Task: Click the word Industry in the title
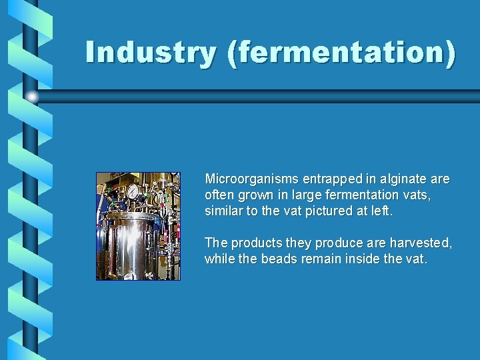point(151,53)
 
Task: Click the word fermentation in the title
point(341,53)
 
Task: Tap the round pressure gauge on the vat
point(133,192)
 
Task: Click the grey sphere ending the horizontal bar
point(33,97)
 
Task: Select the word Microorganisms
point(251,179)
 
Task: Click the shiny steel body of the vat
point(133,247)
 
